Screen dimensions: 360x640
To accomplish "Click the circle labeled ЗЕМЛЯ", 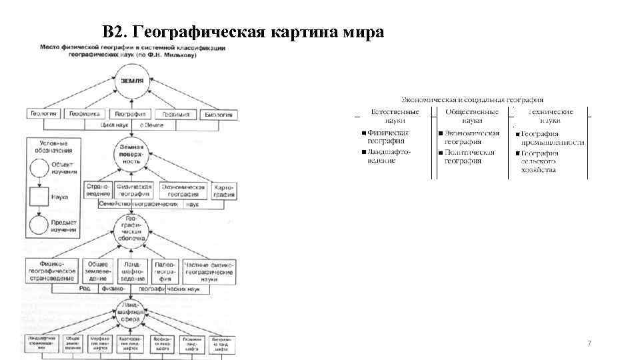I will [x=131, y=81].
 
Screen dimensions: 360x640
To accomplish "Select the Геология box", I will [x=44, y=114].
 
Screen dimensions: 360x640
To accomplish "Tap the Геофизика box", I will [x=85, y=114].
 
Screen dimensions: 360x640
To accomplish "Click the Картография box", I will [x=223, y=191].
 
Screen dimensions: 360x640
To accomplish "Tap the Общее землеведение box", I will [x=98, y=271].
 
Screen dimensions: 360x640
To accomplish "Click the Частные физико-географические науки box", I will [x=209, y=271].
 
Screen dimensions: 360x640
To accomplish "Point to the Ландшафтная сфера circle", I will [x=131, y=314].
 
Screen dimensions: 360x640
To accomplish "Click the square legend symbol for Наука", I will [x=39, y=197].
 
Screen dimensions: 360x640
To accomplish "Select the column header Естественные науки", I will [x=395, y=116].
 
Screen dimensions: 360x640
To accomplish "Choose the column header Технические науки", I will [x=550, y=116].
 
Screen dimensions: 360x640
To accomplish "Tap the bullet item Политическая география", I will [x=469, y=157].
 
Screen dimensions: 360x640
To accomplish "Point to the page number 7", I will [x=589, y=343].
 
